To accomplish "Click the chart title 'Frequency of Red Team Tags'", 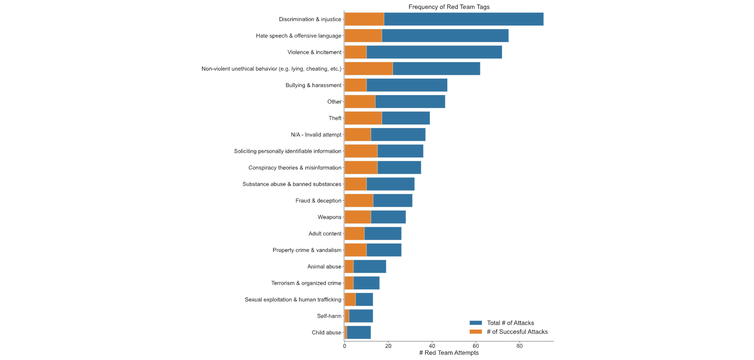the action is pos(449,7).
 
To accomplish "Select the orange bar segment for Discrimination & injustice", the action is pos(364,19).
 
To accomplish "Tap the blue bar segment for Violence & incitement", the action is pos(434,52).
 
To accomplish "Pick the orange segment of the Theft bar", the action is pos(363,118).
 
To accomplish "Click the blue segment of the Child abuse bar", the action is pos(359,332).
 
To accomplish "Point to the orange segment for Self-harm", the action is pos(347,316).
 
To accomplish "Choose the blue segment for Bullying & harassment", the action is pos(407,85).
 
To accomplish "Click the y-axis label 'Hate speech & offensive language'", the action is pos(299,36).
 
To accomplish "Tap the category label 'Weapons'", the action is pos(329,217).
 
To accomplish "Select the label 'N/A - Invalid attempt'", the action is pos(316,135).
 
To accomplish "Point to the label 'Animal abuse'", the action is pos(324,267).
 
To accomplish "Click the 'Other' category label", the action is pos(334,102).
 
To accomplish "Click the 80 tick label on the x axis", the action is pos(520,346).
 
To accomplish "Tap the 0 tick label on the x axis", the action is pos(344,346).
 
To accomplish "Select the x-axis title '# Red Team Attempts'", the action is pos(449,353).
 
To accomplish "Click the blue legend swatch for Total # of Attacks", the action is pos(476,323).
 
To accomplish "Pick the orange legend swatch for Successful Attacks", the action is pos(476,332).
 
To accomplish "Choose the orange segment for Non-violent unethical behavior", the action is pos(369,69).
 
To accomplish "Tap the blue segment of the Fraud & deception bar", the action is pos(393,201).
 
